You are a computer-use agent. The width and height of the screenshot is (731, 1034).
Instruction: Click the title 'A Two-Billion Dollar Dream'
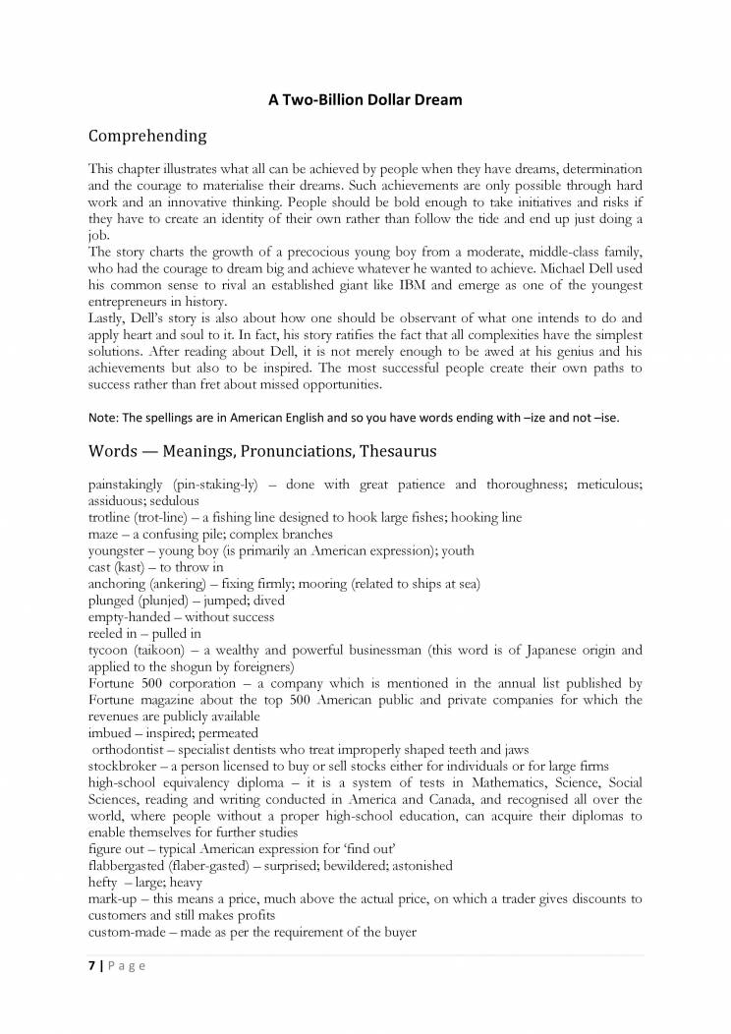[x=365, y=99]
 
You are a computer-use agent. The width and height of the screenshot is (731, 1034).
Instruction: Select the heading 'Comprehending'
[x=147, y=136]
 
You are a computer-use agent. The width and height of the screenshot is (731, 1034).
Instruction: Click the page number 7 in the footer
[x=91, y=965]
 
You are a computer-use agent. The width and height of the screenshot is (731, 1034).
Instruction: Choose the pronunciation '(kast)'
[x=137, y=567]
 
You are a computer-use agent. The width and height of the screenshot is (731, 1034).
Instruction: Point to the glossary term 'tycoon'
[x=107, y=650]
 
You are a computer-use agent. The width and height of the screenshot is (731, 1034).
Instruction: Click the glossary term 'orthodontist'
[x=132, y=749]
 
